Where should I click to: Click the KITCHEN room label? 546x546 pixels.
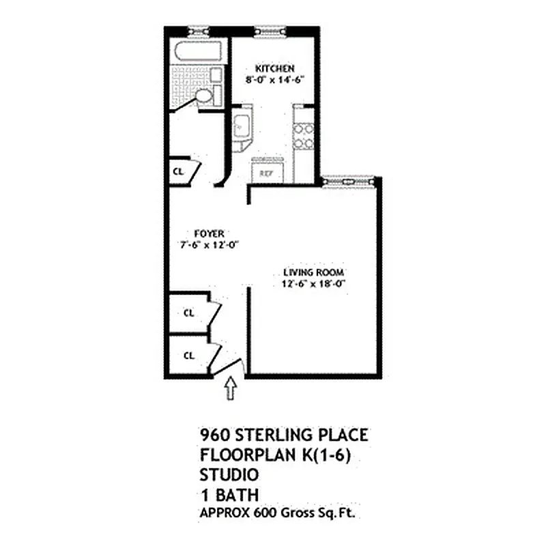(x=274, y=69)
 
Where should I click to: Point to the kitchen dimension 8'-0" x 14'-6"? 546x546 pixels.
(x=274, y=79)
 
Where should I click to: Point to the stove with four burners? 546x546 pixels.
(x=303, y=135)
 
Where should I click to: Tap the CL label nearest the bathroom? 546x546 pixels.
(x=177, y=171)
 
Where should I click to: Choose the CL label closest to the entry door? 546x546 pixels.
(x=189, y=356)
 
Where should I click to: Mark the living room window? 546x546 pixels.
(x=348, y=180)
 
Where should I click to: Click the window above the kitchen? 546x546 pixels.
(x=263, y=30)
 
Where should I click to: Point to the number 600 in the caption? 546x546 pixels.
(x=261, y=511)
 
